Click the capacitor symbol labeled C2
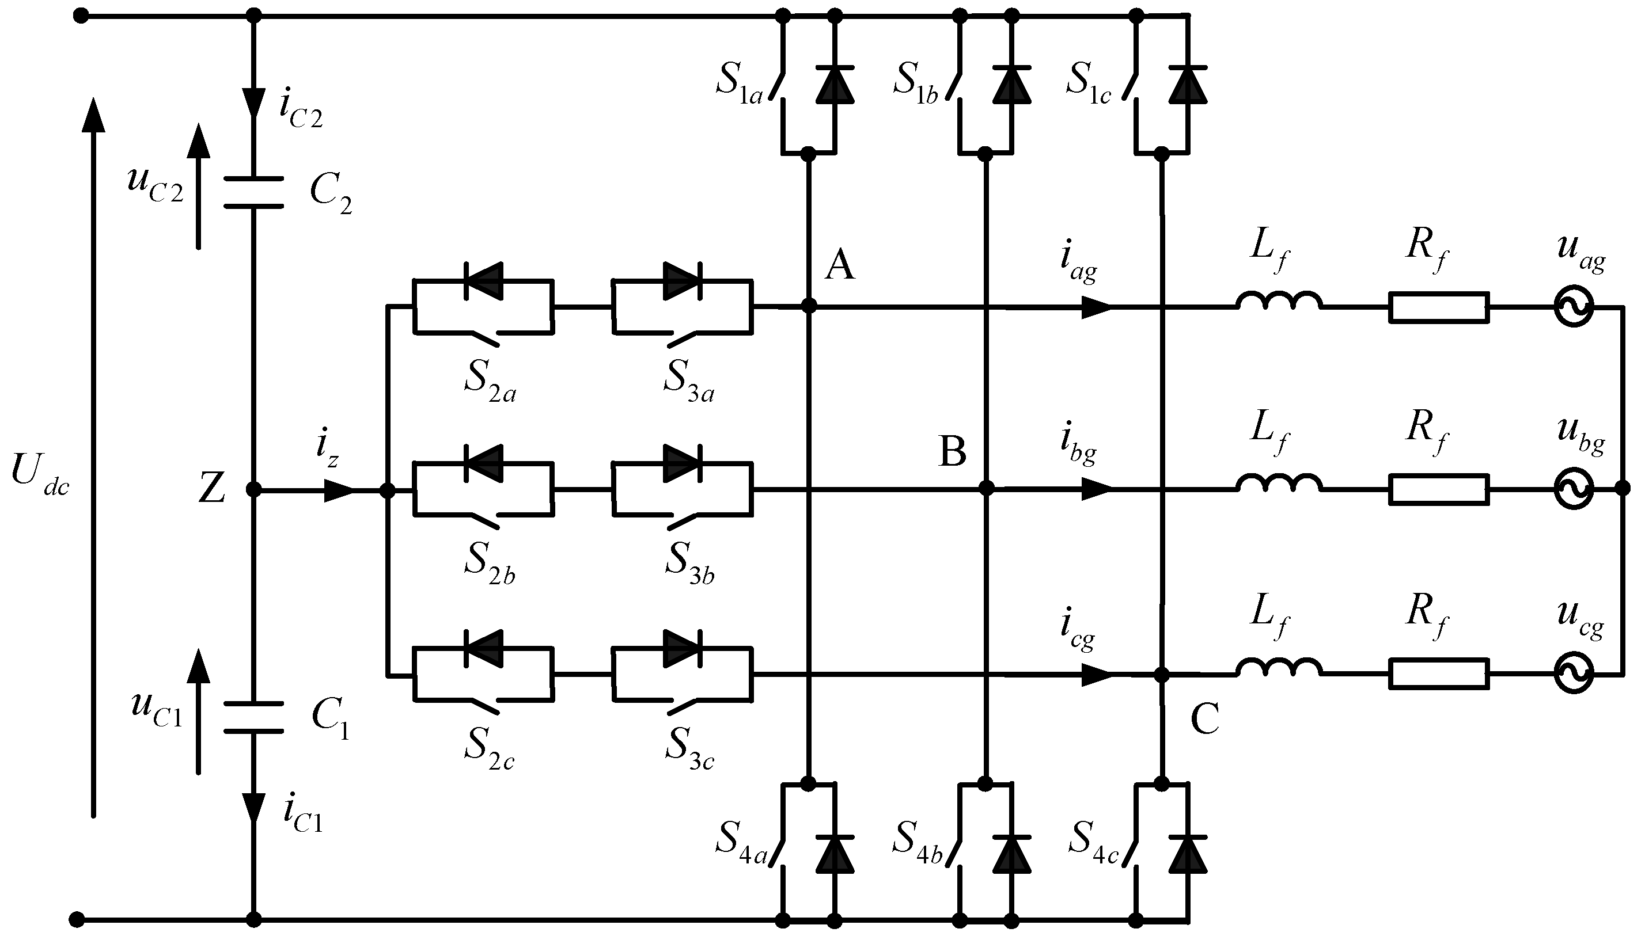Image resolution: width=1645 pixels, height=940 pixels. tap(253, 192)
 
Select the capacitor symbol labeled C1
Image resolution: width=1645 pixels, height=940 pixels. tap(253, 717)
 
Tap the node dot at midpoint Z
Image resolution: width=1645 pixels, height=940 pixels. tap(253, 490)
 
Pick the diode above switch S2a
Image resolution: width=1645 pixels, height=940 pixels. tap(483, 281)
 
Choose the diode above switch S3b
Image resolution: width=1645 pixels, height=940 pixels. tap(682, 463)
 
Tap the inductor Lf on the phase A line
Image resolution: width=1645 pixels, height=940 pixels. tap(1279, 302)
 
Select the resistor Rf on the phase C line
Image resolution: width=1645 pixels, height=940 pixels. tap(1439, 675)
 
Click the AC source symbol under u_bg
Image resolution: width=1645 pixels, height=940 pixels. tap(1574, 490)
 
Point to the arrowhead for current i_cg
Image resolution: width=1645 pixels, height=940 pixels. tap(1096, 675)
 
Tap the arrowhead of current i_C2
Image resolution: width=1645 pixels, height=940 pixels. tap(253, 103)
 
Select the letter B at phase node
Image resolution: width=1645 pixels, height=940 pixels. tap(952, 452)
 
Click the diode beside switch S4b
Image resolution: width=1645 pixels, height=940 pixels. tap(1011, 855)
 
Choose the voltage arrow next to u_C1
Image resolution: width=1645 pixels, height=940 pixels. tap(198, 710)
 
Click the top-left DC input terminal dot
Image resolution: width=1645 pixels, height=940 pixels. tap(80, 16)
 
